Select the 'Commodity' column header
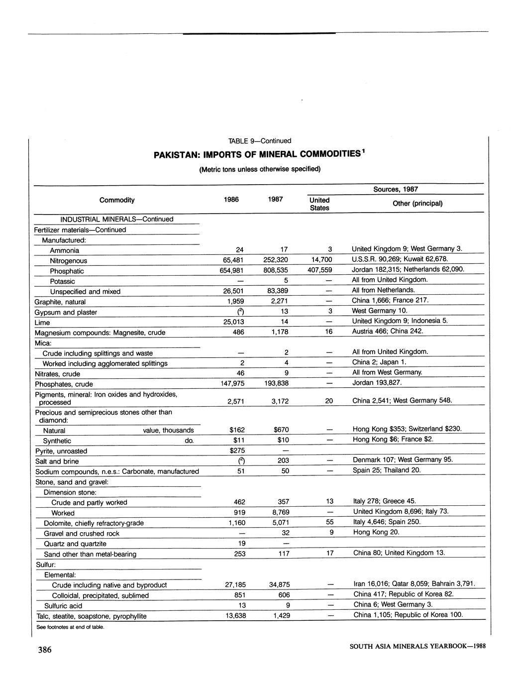tap(117, 200)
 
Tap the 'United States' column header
tap(319, 204)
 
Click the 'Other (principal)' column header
tap(417, 204)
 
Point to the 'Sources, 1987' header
tap(396, 190)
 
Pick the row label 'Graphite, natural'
tap(60, 302)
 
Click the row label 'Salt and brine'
tap(57, 461)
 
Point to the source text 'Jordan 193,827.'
tap(377, 383)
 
